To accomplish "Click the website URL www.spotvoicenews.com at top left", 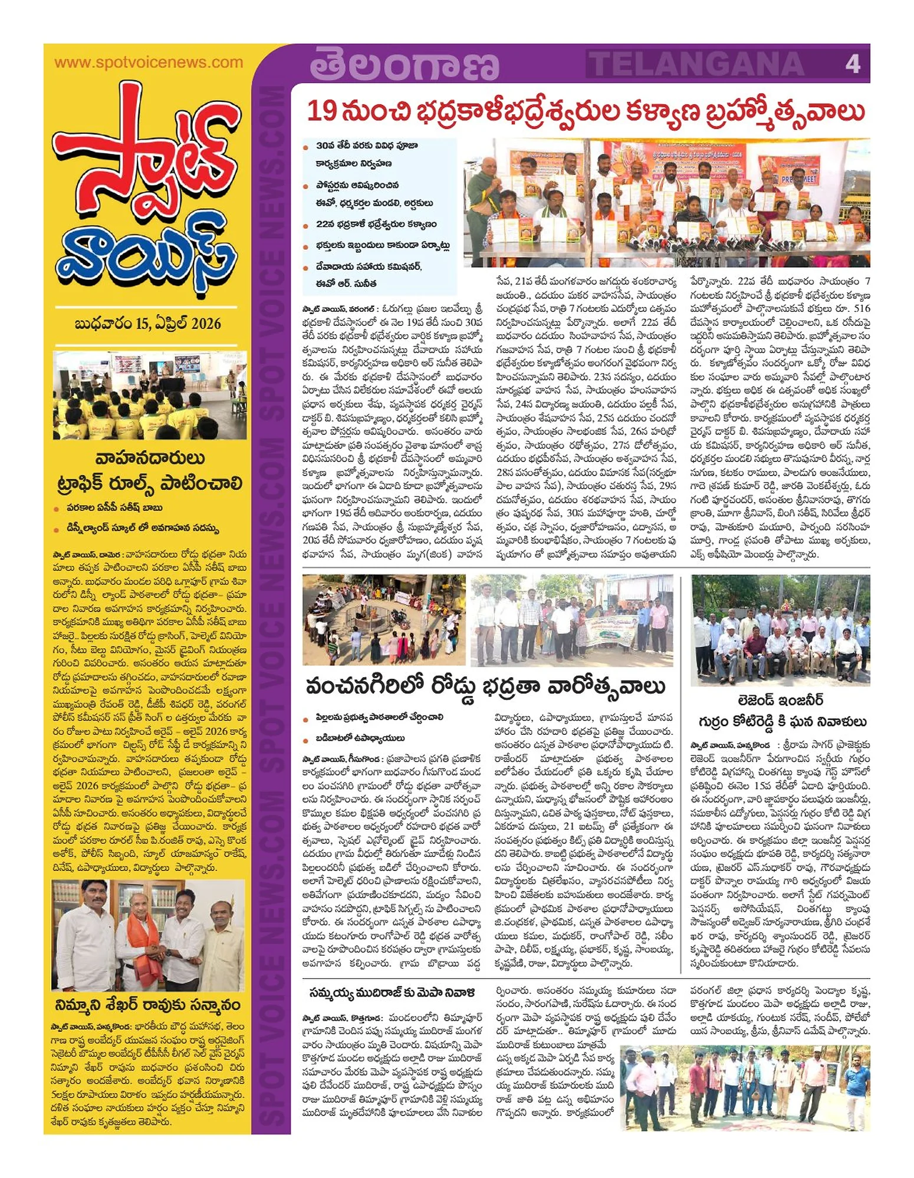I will pos(149,62).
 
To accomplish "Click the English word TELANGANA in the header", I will pos(696,64).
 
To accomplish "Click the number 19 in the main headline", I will pos(321,111).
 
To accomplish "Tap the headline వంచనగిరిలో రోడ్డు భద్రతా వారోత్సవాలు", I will pos(485,687).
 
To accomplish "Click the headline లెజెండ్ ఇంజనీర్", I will pos(781,701).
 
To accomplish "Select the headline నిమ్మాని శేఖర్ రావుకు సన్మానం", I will pos(148,1004).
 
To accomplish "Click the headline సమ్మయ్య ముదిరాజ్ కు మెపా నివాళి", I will pos(392,993).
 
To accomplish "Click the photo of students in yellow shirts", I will pos(150,395).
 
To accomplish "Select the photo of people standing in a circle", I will pos(384,620).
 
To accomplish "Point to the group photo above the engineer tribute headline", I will pos(781,631).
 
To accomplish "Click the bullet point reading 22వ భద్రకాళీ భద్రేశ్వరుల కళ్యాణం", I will pos(376,225).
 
